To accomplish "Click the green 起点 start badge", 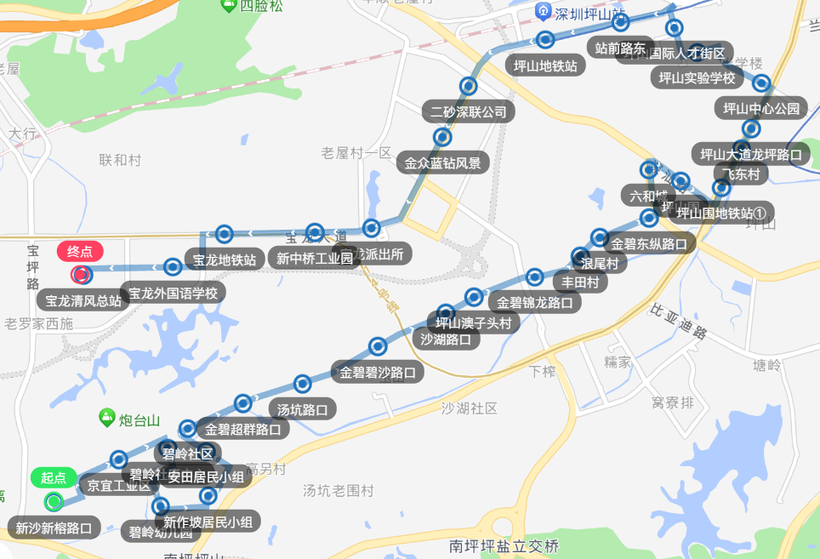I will [x=54, y=478].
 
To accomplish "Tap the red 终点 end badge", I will [x=80, y=252].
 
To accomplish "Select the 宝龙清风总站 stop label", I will [x=83, y=300].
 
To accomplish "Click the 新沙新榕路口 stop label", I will [x=54, y=528].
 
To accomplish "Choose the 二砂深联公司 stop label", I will [x=468, y=111].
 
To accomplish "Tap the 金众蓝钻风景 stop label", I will [x=442, y=163].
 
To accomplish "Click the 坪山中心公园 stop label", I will [x=761, y=108].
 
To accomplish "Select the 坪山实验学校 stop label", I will [x=697, y=77].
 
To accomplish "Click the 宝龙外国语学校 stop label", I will [x=174, y=294].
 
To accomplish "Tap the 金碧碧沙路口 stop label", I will [x=378, y=372].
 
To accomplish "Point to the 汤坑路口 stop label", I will [x=303, y=409].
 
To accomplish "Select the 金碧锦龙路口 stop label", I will [x=534, y=302].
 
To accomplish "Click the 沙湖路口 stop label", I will [x=446, y=339].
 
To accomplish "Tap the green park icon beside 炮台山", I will [x=107, y=417].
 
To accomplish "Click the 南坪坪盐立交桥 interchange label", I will [x=504, y=545].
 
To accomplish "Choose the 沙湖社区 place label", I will [x=470, y=408].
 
